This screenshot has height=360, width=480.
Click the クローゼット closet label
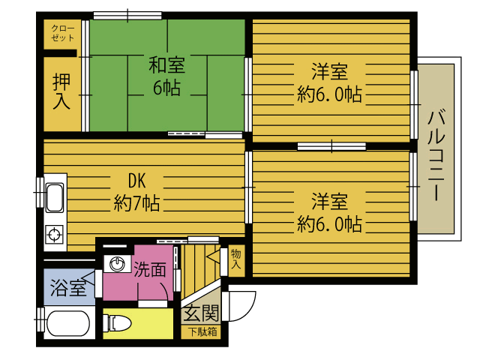pyautogui.click(x=63, y=33)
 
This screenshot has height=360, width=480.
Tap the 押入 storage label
pyautogui.click(x=61, y=91)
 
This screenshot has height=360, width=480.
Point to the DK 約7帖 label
pyautogui.click(x=136, y=192)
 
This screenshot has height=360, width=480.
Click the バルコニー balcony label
pyautogui.click(x=436, y=155)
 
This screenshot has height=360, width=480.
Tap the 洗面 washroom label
pyautogui.click(x=150, y=269)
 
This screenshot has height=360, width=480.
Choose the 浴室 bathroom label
pyautogui.click(x=68, y=288)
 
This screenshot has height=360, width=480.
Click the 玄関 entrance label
pyautogui.click(x=202, y=313)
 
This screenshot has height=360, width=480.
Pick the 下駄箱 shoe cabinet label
pyautogui.click(x=202, y=331)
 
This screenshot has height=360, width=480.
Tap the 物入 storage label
pyautogui.click(x=236, y=259)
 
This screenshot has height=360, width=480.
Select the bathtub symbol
pyautogui.click(x=67, y=324)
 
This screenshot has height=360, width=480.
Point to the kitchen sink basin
pyautogui.click(x=55, y=198)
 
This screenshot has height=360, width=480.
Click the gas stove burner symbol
pyautogui.click(x=55, y=235)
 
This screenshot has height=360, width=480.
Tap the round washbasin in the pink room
pyautogui.click(x=117, y=264)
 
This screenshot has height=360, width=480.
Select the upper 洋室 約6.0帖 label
pyautogui.click(x=329, y=82)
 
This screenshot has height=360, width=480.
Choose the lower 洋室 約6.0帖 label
pyautogui.click(x=329, y=212)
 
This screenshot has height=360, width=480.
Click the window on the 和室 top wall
pyautogui.click(x=127, y=15)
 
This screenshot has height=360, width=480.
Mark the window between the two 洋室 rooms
pyautogui.click(x=331, y=146)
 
